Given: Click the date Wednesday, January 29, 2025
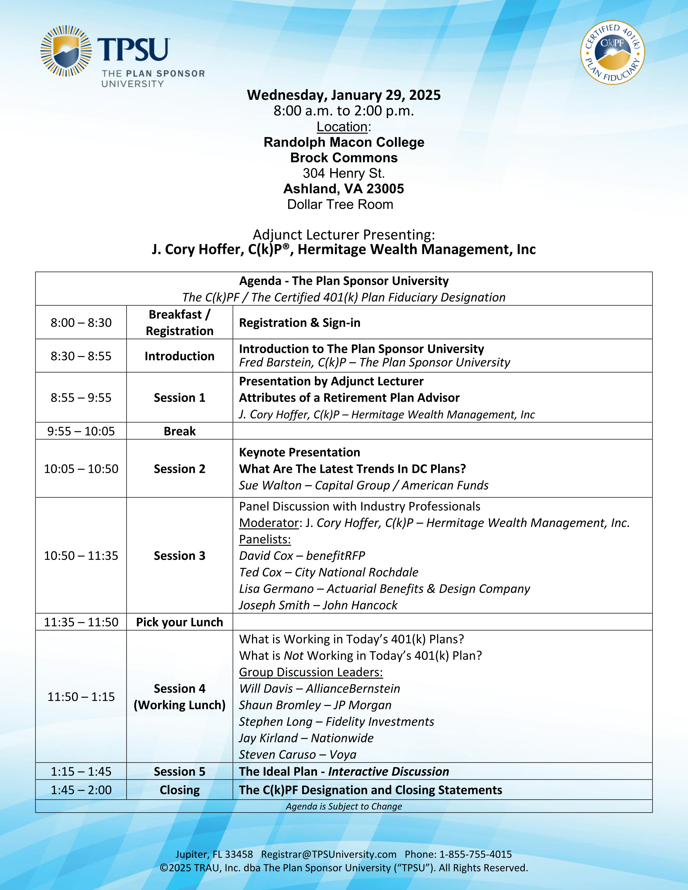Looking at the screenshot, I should pos(343,95).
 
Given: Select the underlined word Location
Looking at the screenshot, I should pos(342,127).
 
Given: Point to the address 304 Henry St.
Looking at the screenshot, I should pos(343,173).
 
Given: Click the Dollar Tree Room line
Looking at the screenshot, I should pos(340,204).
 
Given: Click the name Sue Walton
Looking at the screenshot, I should pos(270,485).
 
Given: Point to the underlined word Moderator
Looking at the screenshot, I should pos(269,523).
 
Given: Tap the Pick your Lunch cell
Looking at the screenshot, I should pos(179,622).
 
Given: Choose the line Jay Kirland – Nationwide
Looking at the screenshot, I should pos(306,738).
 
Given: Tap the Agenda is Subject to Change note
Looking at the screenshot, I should pos(343,806).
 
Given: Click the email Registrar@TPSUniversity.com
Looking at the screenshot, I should pos(329,854).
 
